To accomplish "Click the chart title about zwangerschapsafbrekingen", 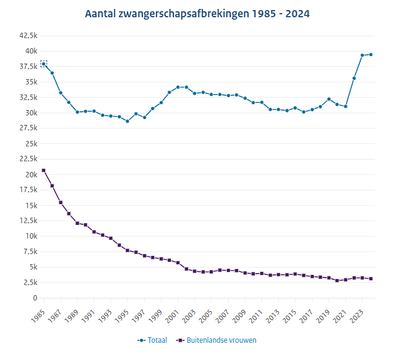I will [197, 13].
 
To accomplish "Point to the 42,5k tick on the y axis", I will [28, 36].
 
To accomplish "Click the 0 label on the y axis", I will [35, 298].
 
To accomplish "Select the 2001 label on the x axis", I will [171, 314].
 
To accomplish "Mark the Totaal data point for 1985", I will [43, 64].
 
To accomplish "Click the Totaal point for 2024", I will [371, 55].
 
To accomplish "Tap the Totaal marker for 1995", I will [127, 121].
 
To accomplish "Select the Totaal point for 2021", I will [346, 107].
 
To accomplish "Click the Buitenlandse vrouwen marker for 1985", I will [43, 170].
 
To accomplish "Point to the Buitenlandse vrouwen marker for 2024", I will [371, 278].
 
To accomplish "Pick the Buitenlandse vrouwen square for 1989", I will [77, 223].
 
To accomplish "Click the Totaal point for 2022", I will [354, 78].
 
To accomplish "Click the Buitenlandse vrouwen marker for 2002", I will [186, 269].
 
